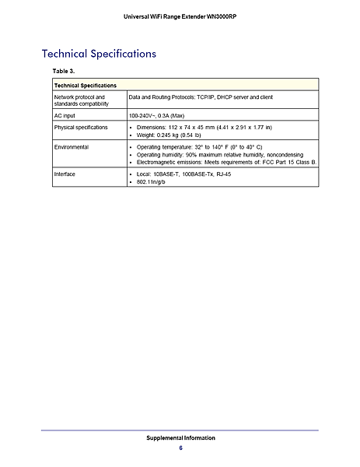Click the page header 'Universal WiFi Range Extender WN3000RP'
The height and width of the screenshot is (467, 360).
coord(180,16)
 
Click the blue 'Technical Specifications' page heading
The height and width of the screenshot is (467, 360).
coord(99,54)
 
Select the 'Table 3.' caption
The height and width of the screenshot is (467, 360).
coord(62,71)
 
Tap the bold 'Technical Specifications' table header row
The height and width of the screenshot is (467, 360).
coord(86,85)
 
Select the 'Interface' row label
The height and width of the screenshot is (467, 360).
coord(65,174)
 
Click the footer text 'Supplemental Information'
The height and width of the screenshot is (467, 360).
coord(180,438)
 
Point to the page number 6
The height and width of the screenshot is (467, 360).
coord(180,448)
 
